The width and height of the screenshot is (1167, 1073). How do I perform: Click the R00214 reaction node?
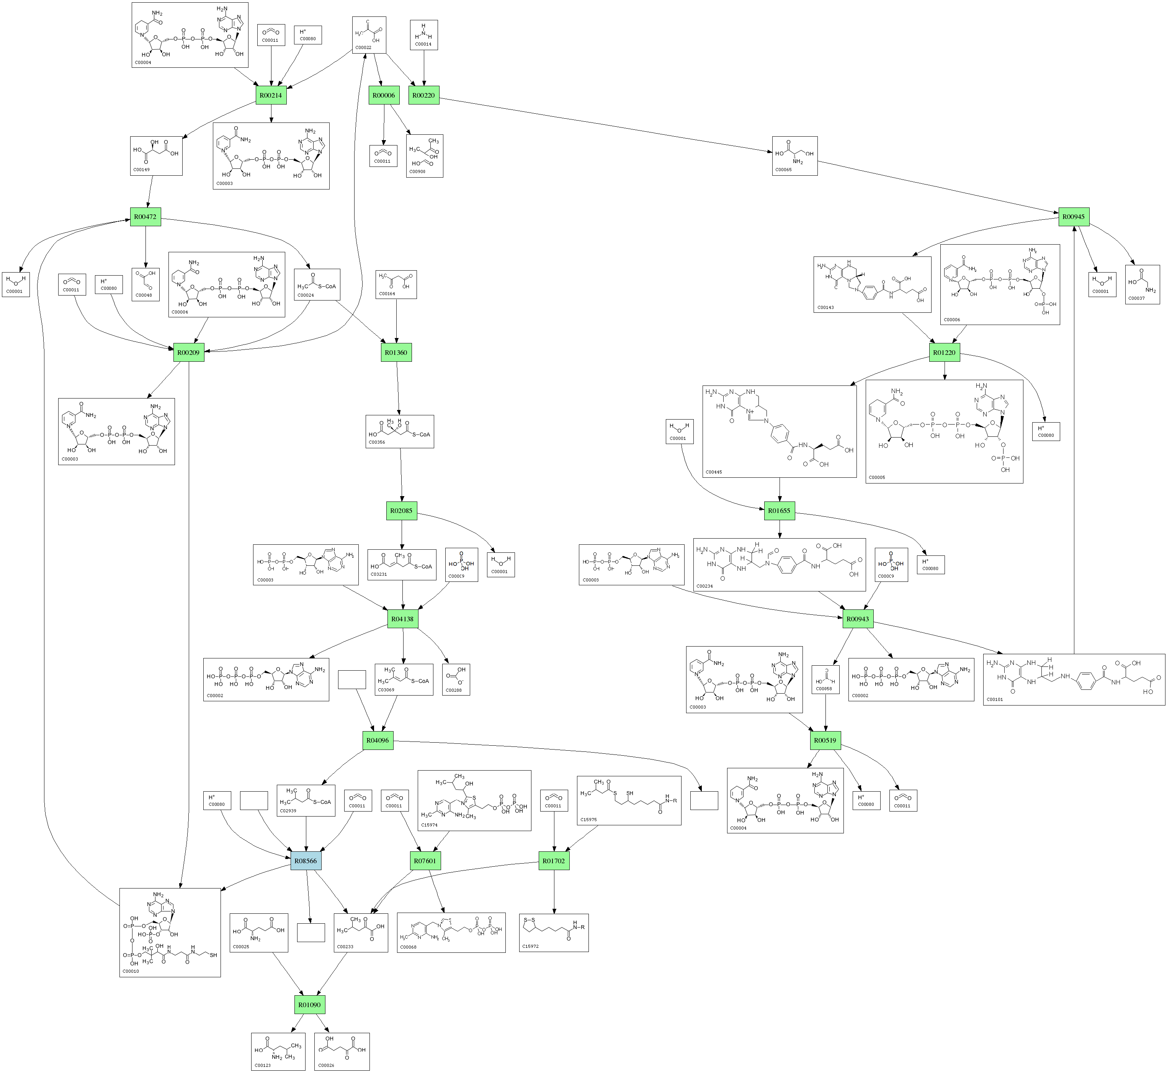[x=271, y=95]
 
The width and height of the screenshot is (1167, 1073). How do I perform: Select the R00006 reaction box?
[x=383, y=95]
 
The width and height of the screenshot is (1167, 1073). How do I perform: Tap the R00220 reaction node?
[x=424, y=95]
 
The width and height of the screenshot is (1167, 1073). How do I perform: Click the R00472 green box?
[x=145, y=217]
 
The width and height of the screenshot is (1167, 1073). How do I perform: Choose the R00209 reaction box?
[x=189, y=353]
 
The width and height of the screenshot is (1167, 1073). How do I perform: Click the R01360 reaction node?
[x=396, y=353]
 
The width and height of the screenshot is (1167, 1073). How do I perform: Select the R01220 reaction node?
[x=944, y=353]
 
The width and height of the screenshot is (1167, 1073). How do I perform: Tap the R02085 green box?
[x=401, y=511]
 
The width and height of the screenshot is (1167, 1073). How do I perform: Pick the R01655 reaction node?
[x=779, y=511]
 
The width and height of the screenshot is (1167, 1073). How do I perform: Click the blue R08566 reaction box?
[x=306, y=861]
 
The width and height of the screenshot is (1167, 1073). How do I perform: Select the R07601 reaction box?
[x=425, y=861]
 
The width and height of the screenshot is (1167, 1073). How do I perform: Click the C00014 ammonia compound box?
[x=424, y=35]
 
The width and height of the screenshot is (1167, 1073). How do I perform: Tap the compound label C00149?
[x=142, y=170]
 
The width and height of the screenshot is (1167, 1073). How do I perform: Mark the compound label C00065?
[x=783, y=170]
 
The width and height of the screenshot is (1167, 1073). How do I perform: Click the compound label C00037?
[x=1136, y=299]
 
